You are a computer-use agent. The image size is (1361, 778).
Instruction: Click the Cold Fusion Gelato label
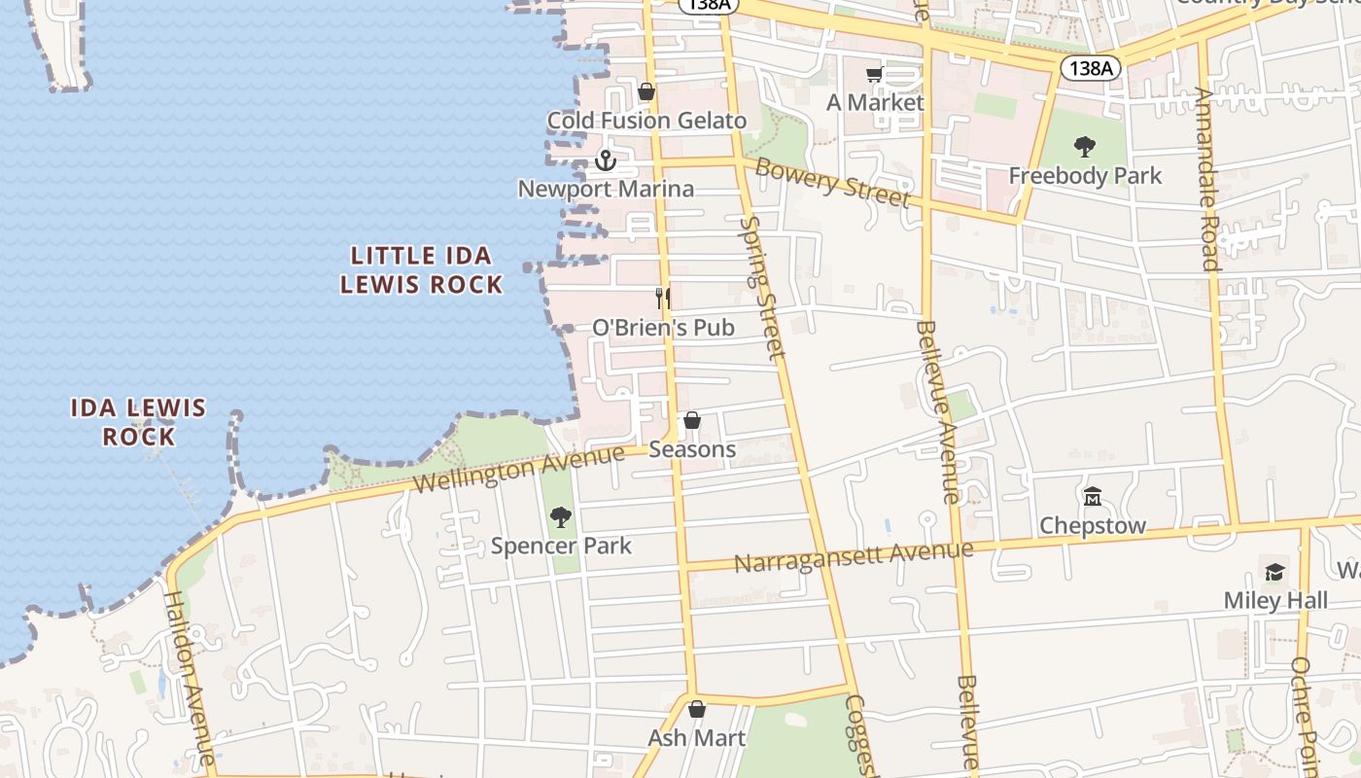pos(646,121)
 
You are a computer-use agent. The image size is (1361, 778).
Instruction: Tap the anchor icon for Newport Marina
pos(607,160)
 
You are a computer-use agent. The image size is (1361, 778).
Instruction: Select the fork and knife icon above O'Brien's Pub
pos(663,298)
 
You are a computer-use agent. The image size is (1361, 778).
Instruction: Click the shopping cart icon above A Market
pos(874,75)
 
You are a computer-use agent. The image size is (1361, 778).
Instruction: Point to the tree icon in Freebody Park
pos(1085,148)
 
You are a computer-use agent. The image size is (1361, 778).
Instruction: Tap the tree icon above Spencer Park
pos(561,517)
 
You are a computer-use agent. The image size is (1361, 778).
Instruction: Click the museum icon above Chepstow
pos(1093,497)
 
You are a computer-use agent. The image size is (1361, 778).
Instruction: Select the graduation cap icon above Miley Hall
pos(1274,572)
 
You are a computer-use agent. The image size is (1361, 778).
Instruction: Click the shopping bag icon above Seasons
pos(692,421)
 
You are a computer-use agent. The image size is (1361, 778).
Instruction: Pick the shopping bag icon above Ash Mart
pos(696,710)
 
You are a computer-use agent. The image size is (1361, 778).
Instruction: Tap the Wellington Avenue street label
pos(517,468)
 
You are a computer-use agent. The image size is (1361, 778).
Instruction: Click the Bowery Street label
pos(832,182)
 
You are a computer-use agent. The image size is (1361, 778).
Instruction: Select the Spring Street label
pos(761,288)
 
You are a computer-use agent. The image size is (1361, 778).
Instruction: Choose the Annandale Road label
pos(1207,179)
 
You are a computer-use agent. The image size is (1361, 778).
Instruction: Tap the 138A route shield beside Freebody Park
pos(1090,68)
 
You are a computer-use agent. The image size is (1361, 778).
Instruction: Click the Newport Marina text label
pos(606,189)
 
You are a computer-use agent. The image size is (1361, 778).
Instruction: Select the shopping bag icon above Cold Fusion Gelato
pos(646,92)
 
